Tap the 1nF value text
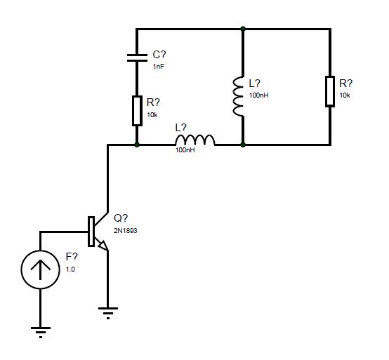159,67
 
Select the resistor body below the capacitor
137,111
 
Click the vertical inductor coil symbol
238,96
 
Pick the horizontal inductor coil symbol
195,140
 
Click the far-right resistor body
330,91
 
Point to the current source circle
41,269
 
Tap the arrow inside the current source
41,269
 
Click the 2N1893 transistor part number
126,231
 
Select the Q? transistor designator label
121,218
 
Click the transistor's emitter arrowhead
103,245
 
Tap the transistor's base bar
91,232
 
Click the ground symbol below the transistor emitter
108,314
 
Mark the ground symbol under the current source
41,333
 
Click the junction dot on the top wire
243,29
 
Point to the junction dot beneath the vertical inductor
243,145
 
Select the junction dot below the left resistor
137,145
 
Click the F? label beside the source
72,257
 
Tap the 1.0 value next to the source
70,269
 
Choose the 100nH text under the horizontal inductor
185,150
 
